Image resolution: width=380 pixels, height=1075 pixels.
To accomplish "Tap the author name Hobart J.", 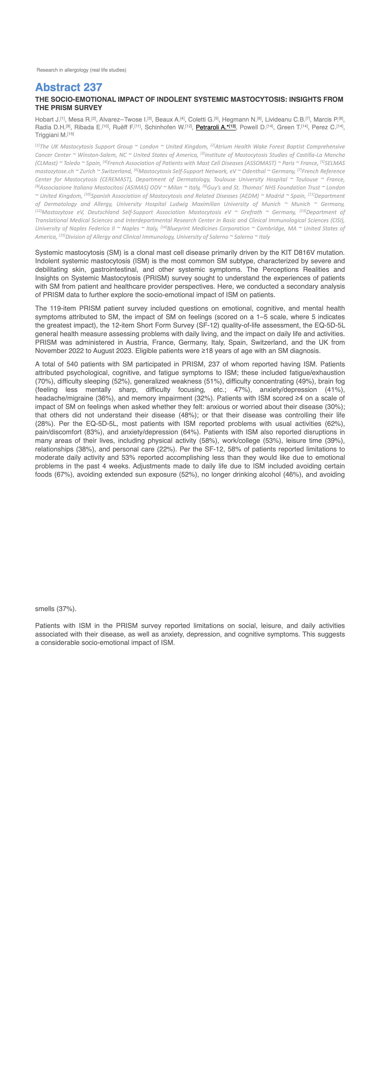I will pyautogui.click(x=47, y=120).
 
